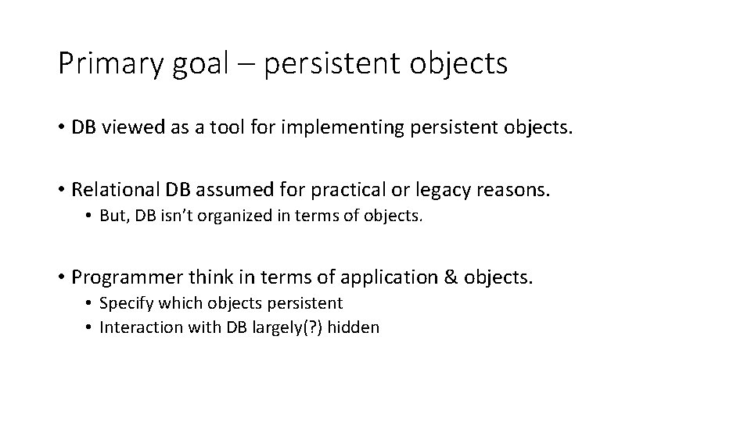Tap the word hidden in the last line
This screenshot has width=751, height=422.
[353, 327]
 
